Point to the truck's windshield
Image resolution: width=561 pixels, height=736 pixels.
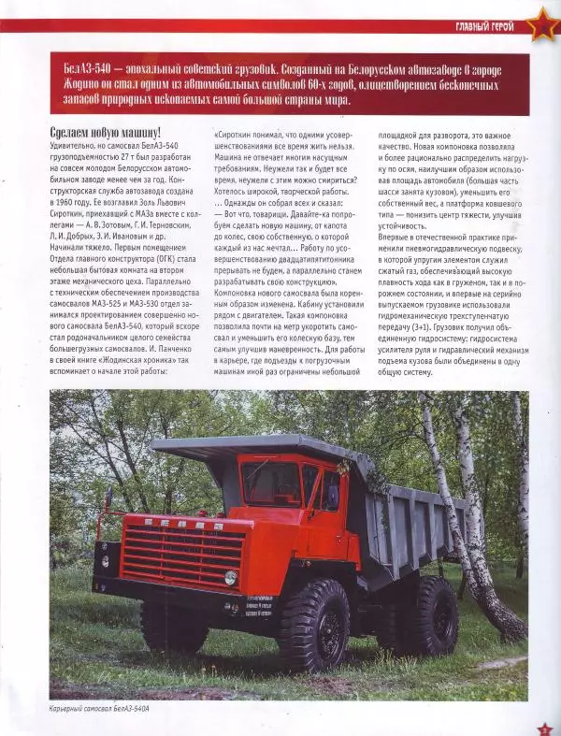[x=270, y=482]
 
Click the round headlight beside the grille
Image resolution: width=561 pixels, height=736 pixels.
[x=230, y=577]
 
